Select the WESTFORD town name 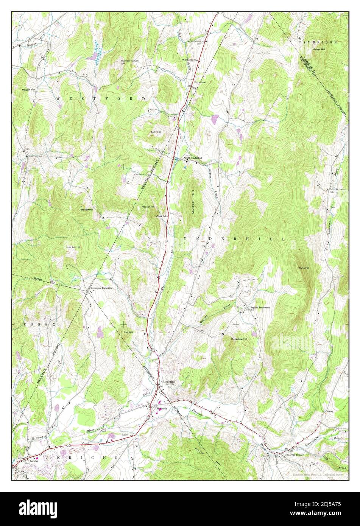[x=101, y=98]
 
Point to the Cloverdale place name [x=199, y=82]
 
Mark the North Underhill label [x=195, y=158]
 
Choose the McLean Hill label [x=148, y=207]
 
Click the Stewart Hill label [x=86, y=209]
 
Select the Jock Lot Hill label [x=73, y=247]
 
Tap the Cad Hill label [x=128, y=332]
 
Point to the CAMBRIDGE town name [x=317, y=42]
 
